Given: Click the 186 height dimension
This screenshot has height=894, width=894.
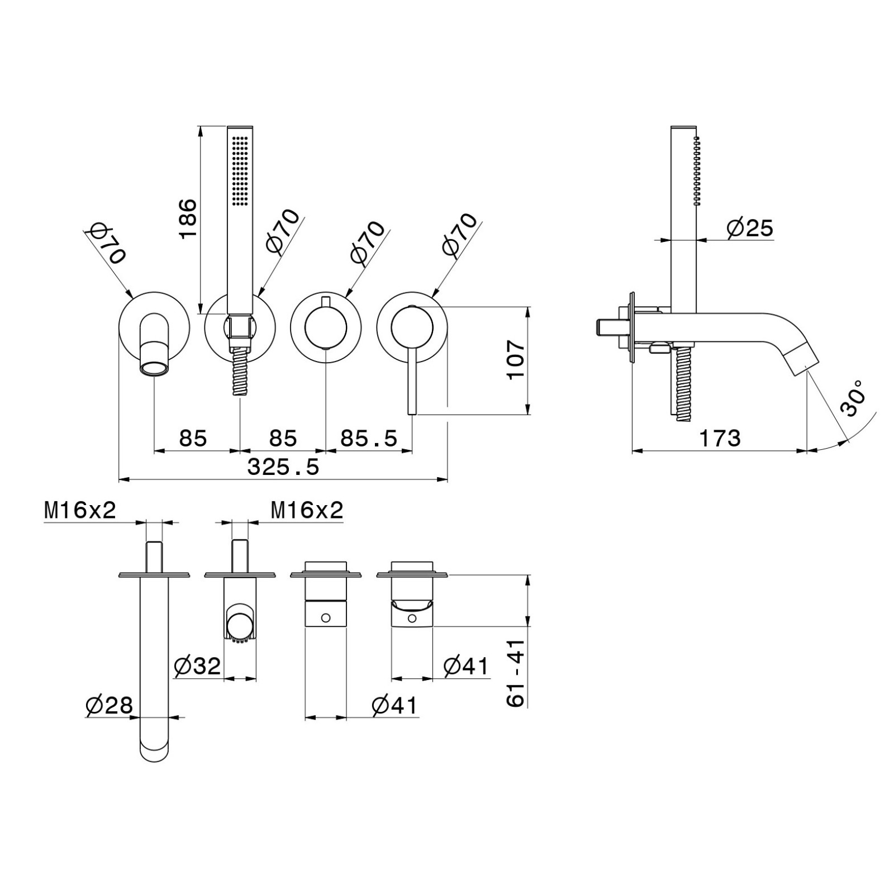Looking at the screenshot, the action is [188, 218].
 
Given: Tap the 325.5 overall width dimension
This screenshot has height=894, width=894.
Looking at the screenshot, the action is [283, 467].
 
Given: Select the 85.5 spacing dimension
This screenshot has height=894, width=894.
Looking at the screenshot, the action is [369, 439].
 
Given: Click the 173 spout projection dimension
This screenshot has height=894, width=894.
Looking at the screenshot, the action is [720, 439].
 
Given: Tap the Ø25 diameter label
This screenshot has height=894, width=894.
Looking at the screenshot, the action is [750, 228].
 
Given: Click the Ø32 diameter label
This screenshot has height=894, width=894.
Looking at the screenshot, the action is [198, 666].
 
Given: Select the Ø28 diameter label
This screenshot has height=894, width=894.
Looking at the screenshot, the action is [110, 706].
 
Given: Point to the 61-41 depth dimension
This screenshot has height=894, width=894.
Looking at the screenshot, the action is [516, 673].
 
